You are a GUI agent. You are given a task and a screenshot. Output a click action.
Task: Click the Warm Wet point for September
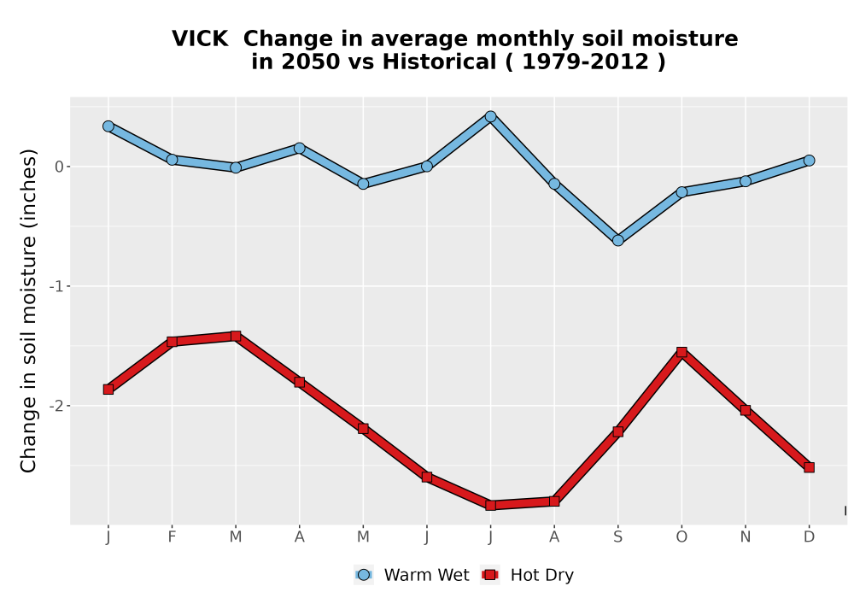617,240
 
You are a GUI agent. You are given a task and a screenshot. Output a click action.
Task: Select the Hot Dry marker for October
681,352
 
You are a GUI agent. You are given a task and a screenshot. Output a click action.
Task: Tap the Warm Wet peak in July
490,116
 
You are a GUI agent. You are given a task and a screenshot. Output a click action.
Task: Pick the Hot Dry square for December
809,467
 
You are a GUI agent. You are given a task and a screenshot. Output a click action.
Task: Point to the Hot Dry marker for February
173,342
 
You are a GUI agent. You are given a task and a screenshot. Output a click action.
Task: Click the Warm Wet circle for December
809,160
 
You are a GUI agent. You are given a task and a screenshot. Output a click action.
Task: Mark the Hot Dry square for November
745,410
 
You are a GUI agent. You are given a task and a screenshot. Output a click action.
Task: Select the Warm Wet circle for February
173,160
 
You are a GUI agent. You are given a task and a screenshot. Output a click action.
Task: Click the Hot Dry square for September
617,431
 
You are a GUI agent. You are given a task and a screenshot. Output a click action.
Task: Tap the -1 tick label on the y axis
56,286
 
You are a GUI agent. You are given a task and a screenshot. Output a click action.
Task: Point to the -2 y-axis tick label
56,406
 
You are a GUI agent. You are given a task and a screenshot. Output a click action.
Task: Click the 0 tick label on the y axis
60,167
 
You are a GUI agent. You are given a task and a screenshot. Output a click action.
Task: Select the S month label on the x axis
617,537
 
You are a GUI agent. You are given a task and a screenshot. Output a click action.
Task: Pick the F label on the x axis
173,537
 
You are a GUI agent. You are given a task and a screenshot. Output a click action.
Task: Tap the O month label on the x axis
681,537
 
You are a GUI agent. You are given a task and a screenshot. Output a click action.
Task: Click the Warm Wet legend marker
364,575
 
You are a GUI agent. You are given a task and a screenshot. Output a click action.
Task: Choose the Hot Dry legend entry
527,575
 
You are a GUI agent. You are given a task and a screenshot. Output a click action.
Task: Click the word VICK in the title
200,38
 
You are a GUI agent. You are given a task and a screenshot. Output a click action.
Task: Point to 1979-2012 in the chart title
586,62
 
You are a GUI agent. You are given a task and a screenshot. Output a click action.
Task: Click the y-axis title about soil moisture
28,310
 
